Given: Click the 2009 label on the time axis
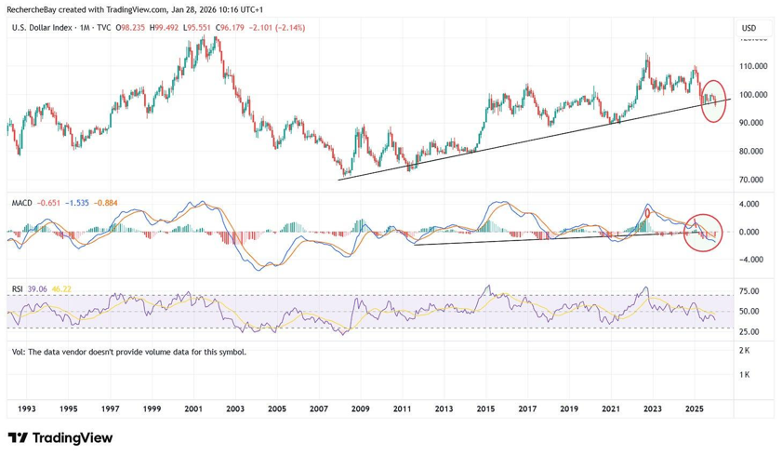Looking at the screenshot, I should tap(361, 408).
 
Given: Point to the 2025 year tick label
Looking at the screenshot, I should tap(694, 408).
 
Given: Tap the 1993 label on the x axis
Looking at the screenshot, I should tap(27, 408).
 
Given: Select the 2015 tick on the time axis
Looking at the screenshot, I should tap(485, 408).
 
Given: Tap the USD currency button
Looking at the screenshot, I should tap(749, 28).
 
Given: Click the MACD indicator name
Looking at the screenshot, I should tap(22, 202).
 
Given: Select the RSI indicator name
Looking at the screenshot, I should tap(18, 289).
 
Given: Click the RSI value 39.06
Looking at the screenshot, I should tap(37, 289).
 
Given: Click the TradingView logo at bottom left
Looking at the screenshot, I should tap(60, 437).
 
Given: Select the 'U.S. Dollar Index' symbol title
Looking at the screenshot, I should tap(43, 28).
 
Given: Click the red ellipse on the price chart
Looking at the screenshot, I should tap(713, 101).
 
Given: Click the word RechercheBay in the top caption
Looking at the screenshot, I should tap(32, 8).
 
